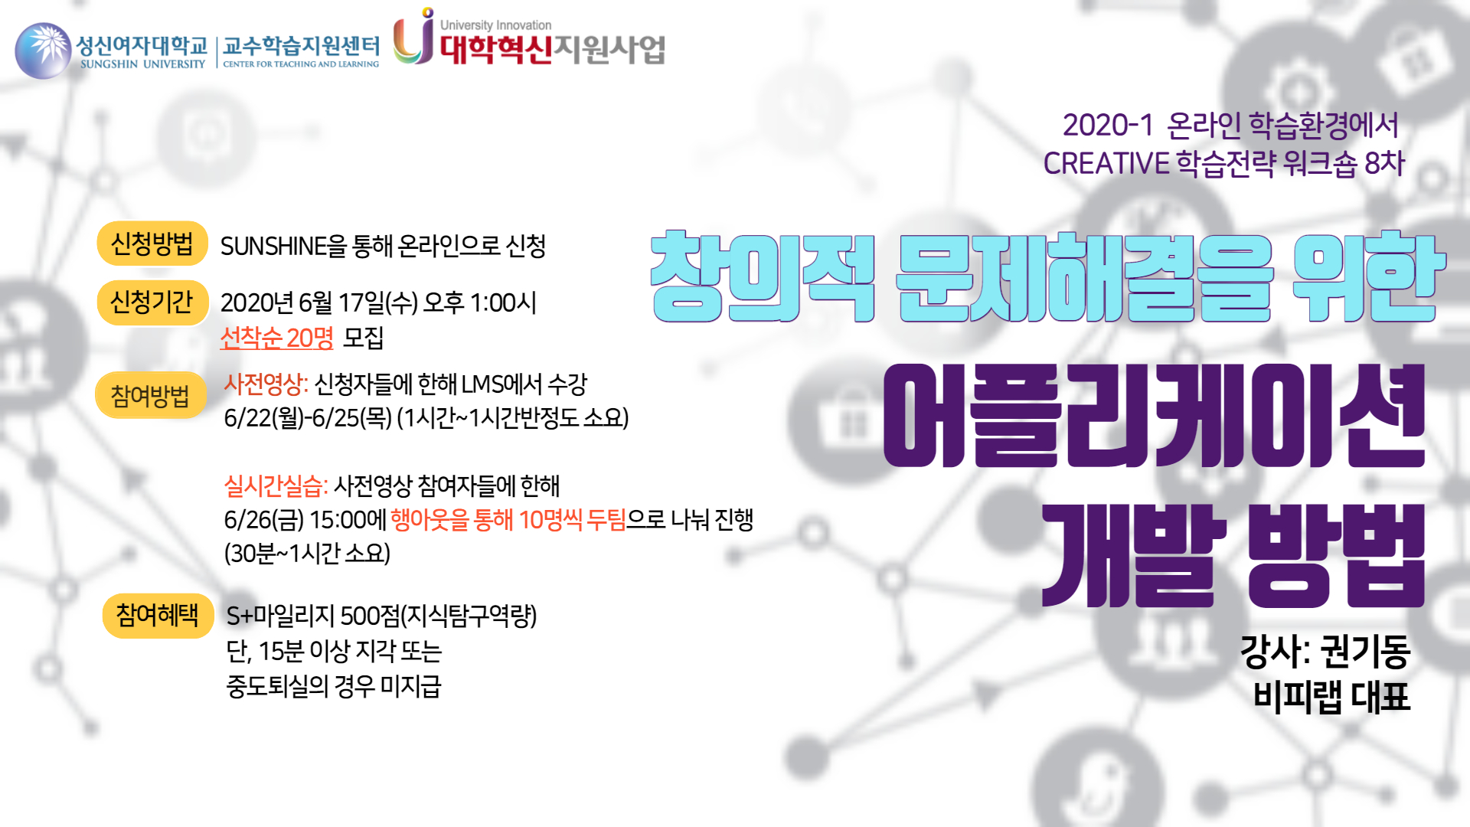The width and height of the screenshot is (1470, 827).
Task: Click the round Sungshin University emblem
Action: (x=44, y=51)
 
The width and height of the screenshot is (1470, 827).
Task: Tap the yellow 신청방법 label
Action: (x=152, y=244)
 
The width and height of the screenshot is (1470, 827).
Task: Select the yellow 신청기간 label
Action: (x=152, y=302)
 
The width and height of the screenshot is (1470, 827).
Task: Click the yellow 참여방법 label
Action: (x=151, y=395)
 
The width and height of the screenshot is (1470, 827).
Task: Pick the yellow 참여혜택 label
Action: (x=158, y=616)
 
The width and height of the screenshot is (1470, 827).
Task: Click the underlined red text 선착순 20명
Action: (x=276, y=338)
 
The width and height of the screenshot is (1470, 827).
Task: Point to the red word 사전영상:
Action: (x=266, y=384)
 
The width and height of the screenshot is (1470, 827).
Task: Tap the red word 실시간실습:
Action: (x=276, y=485)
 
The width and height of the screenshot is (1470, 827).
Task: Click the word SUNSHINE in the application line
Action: (x=273, y=247)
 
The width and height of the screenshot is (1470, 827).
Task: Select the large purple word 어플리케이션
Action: (x=1154, y=415)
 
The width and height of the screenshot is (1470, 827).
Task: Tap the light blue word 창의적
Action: (x=763, y=276)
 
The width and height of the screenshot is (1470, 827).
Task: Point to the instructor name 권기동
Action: (x=1366, y=652)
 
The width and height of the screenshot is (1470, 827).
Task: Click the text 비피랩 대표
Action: (x=1331, y=697)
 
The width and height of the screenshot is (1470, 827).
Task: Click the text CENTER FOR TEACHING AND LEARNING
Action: (x=301, y=64)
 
